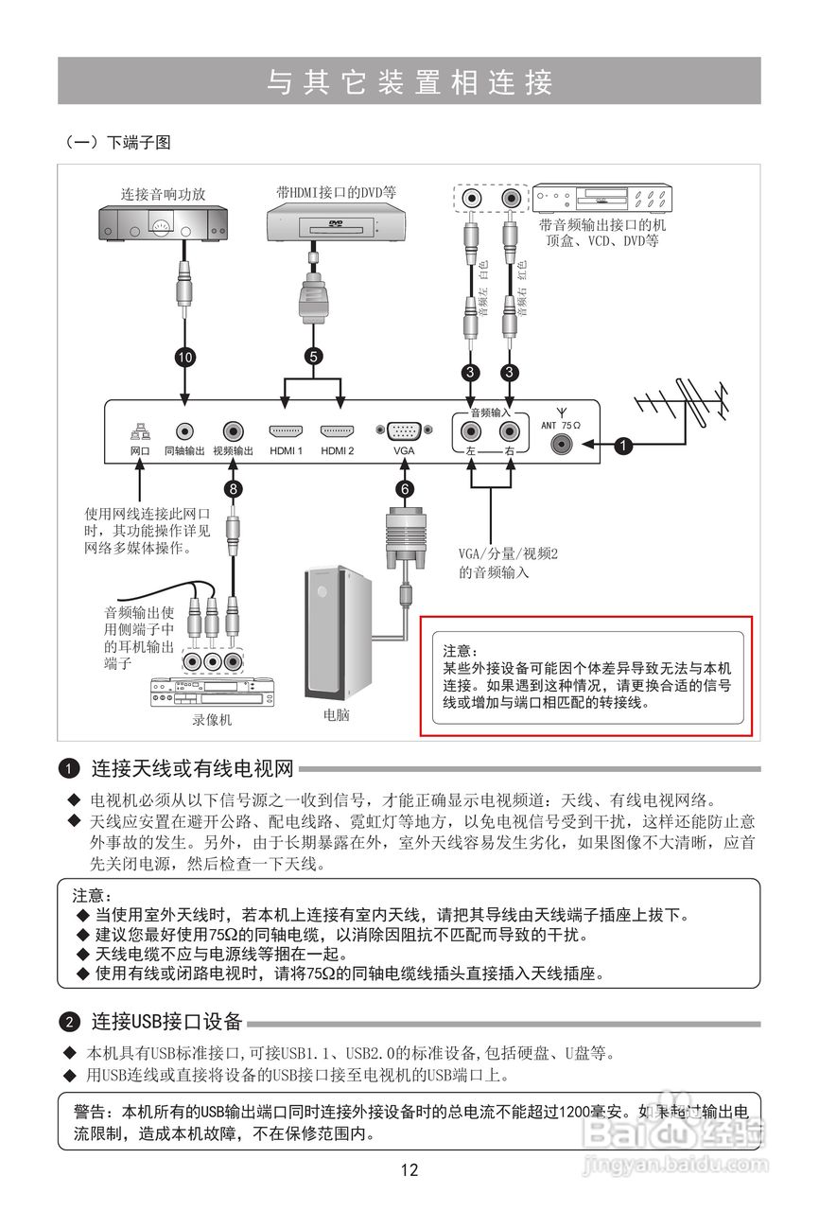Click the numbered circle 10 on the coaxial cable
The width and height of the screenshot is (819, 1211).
coord(184,357)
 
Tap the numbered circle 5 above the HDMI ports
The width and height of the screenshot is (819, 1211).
coord(313,357)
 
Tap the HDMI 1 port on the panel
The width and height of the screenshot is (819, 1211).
coord(286,430)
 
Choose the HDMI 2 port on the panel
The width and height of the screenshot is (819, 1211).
coord(337,430)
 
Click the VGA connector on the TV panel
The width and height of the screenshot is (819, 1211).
coord(405,430)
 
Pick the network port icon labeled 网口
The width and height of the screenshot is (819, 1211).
coord(140,431)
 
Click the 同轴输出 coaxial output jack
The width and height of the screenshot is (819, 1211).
coord(184,430)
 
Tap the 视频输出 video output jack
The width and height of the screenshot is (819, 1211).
coord(233,430)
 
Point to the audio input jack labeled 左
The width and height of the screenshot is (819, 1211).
coord(470,434)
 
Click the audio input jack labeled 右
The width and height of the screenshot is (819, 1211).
coord(511,434)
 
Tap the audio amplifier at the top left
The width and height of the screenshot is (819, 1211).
coord(166,223)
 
